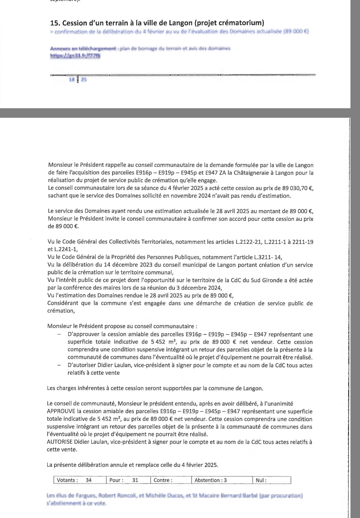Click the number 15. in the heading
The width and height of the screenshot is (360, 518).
coord(55,23)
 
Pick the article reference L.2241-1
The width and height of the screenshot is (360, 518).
coord(67,249)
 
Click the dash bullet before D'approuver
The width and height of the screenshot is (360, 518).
coord(59,334)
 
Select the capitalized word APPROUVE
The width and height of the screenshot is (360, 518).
coord(61,411)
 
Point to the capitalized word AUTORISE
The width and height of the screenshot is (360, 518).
coord(60,442)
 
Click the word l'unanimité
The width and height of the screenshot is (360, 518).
coord(276,404)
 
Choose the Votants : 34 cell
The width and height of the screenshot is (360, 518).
coord(80,480)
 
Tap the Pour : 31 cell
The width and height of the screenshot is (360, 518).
coord(128,480)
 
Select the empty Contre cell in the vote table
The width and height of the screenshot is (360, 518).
coord(171,480)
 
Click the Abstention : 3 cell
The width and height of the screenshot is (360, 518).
coord(222,480)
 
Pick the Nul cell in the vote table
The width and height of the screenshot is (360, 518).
coord(272,480)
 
